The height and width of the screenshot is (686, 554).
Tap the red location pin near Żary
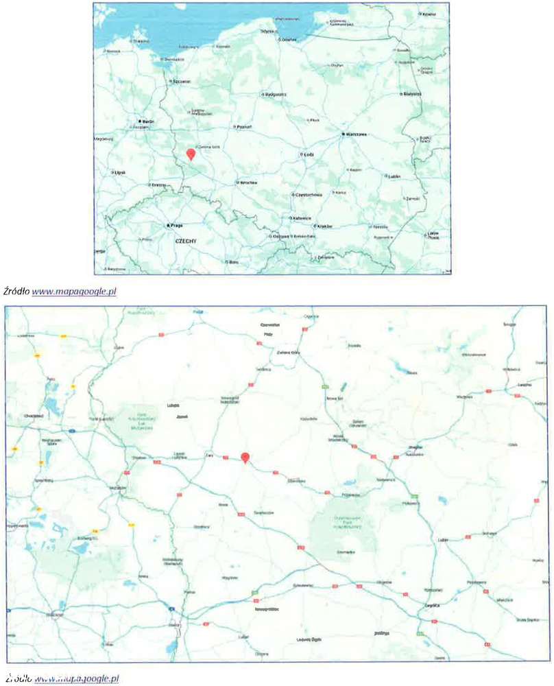(x=245, y=458)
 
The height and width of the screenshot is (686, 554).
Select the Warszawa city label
(x=357, y=134)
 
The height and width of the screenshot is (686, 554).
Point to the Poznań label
(x=245, y=127)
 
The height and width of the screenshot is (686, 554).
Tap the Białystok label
(x=412, y=93)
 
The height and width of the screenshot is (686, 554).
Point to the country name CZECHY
(x=186, y=241)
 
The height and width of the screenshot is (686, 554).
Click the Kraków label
(x=324, y=226)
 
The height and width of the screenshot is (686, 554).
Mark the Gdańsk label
(x=289, y=39)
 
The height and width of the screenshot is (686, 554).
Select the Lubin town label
(x=442, y=540)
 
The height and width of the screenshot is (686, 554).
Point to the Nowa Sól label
(x=334, y=399)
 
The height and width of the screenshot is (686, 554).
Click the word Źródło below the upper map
(x=16, y=292)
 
